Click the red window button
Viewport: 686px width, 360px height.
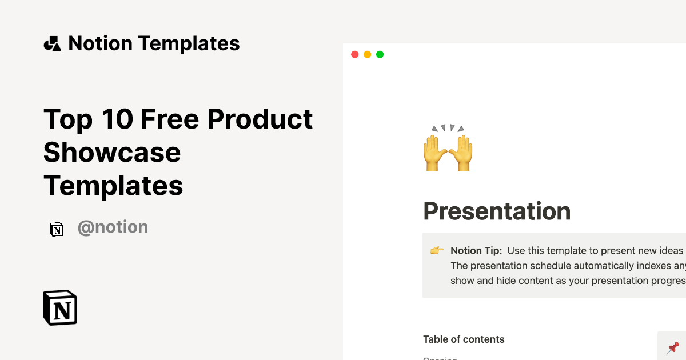tap(354, 54)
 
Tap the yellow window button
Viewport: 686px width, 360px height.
tap(367, 54)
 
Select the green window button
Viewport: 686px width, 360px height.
tap(380, 54)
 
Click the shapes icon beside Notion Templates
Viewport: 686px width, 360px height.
tap(52, 43)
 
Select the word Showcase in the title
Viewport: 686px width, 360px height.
tap(112, 152)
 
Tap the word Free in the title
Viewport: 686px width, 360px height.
tap(169, 119)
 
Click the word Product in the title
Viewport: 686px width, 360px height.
tap(260, 119)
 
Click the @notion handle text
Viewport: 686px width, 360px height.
tap(113, 227)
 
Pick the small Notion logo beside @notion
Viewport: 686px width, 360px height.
tap(57, 229)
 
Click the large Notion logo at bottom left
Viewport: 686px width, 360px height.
tap(60, 308)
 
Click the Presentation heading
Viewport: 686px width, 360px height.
tap(496, 211)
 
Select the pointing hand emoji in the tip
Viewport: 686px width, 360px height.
tap(437, 250)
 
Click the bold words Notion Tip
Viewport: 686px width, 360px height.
tap(476, 251)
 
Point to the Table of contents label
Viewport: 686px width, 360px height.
tap(464, 339)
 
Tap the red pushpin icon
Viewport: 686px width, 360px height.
tap(673, 347)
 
